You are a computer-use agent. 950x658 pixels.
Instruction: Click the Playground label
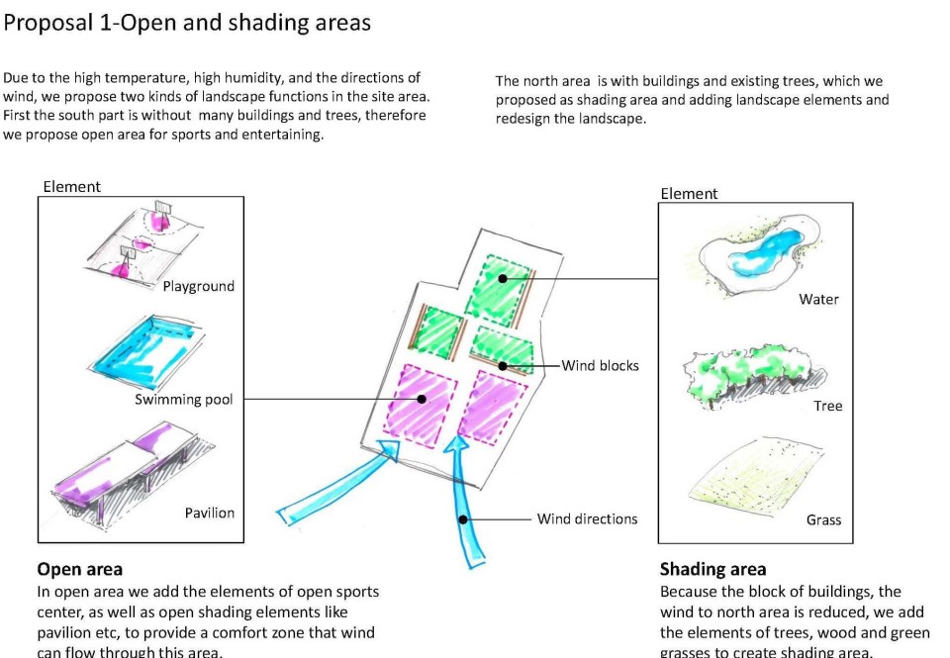click(x=199, y=286)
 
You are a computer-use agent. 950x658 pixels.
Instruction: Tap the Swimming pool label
click(x=184, y=400)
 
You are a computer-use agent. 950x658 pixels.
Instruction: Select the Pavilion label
click(x=210, y=513)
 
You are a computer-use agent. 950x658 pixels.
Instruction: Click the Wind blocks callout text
click(x=601, y=365)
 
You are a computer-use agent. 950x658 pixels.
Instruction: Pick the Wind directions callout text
click(x=587, y=518)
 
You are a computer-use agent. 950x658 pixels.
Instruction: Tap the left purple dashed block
click(x=420, y=402)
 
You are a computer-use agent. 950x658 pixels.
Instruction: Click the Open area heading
click(x=80, y=569)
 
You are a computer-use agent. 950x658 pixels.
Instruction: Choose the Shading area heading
click(x=712, y=569)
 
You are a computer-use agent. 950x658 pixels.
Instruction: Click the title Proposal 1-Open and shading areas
click(x=188, y=23)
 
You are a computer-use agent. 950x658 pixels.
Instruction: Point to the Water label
click(x=818, y=299)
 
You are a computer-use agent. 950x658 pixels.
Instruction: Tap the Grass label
click(x=823, y=519)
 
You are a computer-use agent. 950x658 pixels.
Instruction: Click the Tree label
click(x=827, y=406)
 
